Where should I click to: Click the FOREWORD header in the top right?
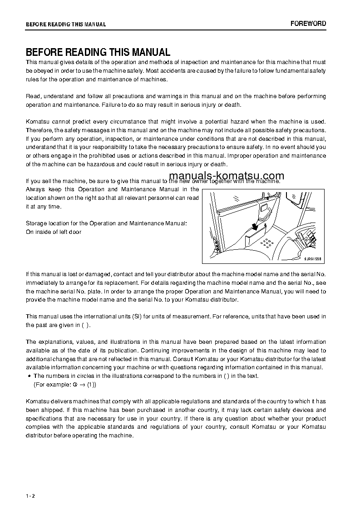[308, 24]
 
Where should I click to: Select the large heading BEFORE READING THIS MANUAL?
[98, 52]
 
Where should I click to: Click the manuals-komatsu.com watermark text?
[226, 176]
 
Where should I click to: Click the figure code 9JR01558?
[313, 258]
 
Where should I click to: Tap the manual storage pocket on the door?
[256, 237]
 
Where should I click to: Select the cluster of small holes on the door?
[267, 242]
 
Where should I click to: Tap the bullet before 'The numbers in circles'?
[29, 376]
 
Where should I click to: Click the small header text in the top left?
[66, 25]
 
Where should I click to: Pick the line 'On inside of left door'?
[54, 232]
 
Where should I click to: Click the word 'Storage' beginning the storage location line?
[36, 223]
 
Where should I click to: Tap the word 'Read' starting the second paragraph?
[33, 96]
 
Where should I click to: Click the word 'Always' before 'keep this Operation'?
[36, 189]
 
